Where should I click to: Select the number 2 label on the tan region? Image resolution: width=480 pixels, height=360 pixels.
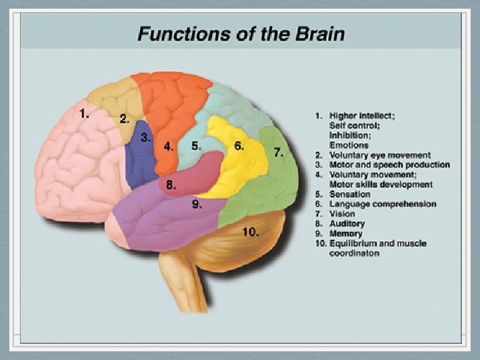coord(124,119)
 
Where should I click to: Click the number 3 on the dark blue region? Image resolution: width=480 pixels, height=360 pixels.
coord(146,137)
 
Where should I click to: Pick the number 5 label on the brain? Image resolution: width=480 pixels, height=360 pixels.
coord(196,145)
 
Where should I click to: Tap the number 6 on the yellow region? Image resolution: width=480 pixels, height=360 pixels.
coord(239,145)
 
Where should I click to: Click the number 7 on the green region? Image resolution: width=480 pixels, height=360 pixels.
coord(279,151)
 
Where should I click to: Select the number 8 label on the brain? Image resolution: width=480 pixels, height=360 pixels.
coord(171,185)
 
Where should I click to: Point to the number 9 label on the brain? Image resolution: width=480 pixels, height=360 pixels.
coord(197,205)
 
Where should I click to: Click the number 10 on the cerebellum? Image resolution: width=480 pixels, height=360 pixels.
coord(250,232)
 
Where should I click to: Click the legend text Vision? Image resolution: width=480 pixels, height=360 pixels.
coord(342,214)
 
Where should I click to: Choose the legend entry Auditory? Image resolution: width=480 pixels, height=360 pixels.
coord(347,224)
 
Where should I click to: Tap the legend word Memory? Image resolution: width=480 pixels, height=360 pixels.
coord(346,234)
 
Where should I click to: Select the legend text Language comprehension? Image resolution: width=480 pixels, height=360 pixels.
coord(383,204)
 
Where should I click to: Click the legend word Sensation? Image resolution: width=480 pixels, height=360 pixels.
coord(349,194)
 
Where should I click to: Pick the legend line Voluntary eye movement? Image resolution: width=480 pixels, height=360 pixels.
coord(380,155)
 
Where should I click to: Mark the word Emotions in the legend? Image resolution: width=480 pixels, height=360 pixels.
coord(349,145)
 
